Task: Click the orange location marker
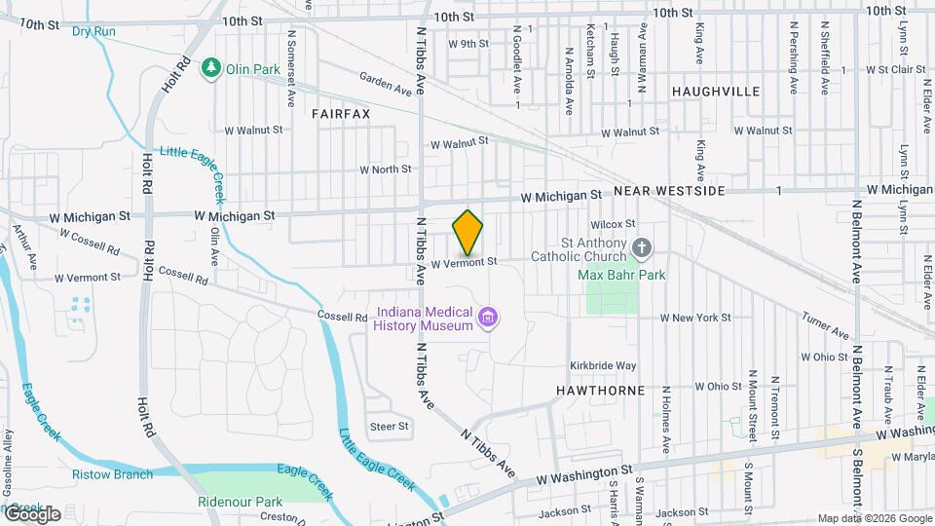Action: [468, 233]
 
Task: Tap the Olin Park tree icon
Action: [210, 67]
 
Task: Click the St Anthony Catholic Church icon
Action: [640, 248]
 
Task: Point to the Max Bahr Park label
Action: [621, 276]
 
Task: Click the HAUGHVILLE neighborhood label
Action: [716, 91]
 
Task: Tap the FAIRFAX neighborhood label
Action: [341, 114]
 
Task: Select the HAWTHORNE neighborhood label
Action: [600, 391]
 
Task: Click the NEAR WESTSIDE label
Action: [669, 191]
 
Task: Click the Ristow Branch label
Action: [112, 474]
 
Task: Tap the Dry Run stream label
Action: [93, 32]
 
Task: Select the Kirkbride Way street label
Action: [603, 365]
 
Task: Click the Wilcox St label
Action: [612, 224]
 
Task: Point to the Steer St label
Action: [389, 427]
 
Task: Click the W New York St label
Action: [694, 318]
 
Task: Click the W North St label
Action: [386, 169]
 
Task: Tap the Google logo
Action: [31, 513]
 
